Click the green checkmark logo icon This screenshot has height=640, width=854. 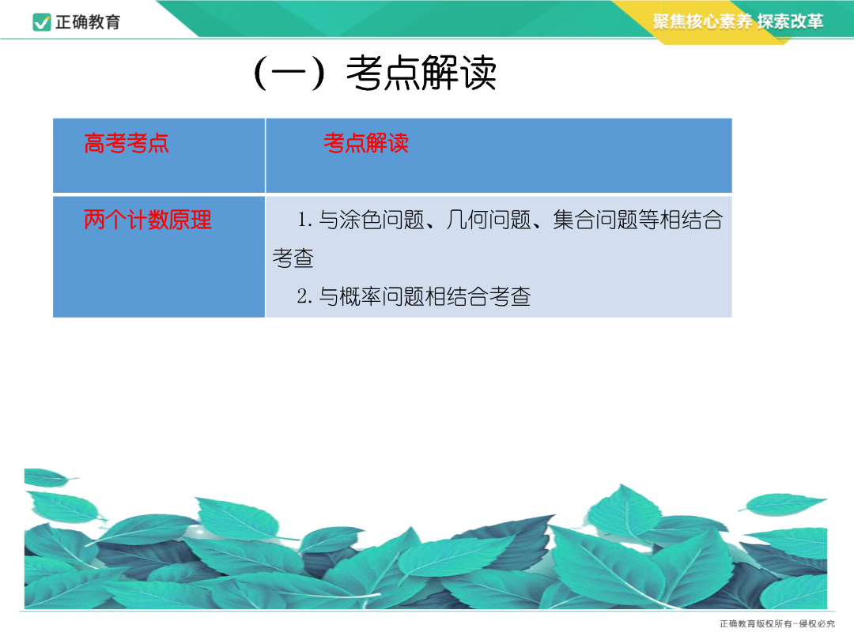42,22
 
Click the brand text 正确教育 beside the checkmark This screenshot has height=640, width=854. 88,22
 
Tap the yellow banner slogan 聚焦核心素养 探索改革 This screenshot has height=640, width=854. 738,21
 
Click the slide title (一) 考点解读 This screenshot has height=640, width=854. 375,73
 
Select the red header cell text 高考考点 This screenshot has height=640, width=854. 127,143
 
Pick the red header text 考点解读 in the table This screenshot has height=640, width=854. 366,143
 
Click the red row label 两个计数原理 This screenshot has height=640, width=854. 148,220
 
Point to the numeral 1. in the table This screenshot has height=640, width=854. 304,220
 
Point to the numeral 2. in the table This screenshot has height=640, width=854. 304,296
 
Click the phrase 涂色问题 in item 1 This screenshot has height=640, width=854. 382,220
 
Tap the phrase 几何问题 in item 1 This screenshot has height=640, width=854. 489,220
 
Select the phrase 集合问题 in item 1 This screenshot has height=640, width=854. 595,220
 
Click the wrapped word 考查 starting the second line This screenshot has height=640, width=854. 293,258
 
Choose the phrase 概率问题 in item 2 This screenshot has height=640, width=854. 382,296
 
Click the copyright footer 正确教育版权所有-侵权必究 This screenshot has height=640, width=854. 777,623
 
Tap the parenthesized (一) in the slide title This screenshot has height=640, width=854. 289,73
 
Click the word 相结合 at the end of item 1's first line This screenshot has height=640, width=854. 692,220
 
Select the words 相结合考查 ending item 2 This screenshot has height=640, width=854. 478,296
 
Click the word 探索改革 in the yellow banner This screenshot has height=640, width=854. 790,21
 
